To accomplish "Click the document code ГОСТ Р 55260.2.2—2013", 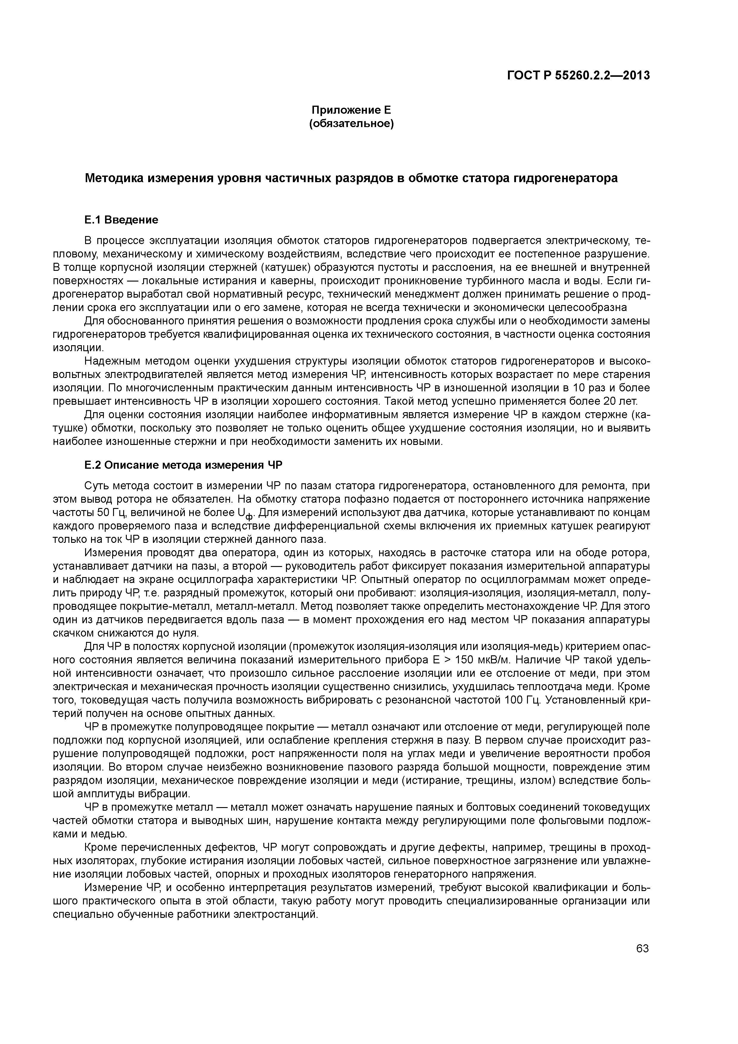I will [x=578, y=76].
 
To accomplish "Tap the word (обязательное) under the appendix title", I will [x=351, y=124].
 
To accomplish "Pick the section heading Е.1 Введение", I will [x=121, y=220].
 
